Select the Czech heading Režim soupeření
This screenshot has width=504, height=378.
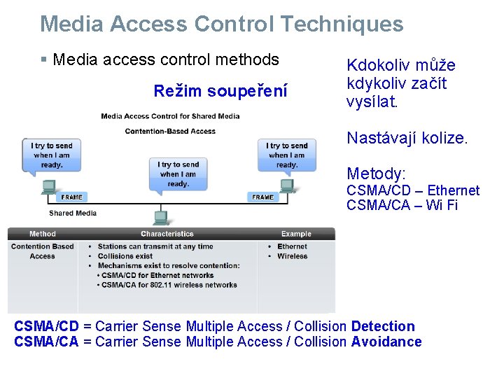220,91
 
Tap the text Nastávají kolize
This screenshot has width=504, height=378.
406,138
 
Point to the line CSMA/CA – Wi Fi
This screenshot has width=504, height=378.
402,205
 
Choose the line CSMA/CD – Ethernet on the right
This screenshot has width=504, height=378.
413,190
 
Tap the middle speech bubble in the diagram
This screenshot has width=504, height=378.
178,173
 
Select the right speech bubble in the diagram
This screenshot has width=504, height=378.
287,155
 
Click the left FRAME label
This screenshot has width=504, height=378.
71,197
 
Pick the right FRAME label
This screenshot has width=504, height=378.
262,197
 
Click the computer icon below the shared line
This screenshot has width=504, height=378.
160,216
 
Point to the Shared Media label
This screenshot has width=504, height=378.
73,213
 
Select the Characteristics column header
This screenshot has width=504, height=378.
167,234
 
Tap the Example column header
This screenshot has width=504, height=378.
296,234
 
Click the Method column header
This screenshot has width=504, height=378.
43,234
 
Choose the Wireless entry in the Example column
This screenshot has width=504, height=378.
292,256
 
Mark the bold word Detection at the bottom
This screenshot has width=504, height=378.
383,326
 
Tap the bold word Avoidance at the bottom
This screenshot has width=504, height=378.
386,342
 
